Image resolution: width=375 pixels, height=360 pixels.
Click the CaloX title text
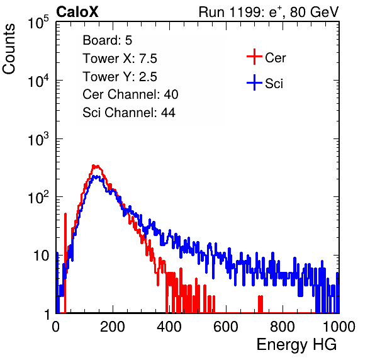coord(77,12)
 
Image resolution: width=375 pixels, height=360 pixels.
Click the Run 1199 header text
coord(269,12)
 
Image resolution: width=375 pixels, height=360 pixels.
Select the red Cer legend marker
coord(254,57)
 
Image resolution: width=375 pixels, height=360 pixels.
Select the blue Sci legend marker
coord(254,83)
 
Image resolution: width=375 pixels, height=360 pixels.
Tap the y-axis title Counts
coord(9,49)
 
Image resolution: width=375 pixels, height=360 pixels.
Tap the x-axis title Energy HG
coord(296,345)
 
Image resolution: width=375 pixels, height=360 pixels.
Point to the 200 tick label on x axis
coord(113,327)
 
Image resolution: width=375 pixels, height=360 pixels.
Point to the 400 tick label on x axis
coord(169,327)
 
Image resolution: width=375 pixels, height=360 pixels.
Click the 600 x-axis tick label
coord(226,327)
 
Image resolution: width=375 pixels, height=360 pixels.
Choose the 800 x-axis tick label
coord(283,327)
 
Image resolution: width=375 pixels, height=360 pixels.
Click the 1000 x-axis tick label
coord(339,327)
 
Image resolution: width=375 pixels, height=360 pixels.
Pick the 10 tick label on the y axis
coord(42,256)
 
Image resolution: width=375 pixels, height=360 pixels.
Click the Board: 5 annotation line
coord(108,40)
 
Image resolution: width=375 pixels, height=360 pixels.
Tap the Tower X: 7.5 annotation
coord(120,59)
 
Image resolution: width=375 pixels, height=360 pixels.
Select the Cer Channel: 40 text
coord(130,94)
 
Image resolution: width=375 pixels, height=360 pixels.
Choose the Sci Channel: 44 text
coord(129,113)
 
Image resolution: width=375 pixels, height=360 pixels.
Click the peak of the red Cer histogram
coord(96,166)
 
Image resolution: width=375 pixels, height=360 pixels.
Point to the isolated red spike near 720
coord(260,304)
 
